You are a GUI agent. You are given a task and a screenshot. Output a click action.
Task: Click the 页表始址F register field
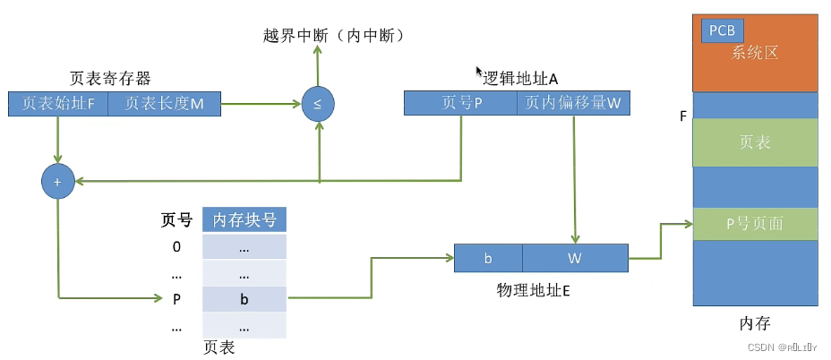58,104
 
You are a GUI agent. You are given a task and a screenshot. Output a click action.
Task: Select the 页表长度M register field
164,104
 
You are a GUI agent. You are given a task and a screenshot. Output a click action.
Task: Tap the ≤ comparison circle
317,103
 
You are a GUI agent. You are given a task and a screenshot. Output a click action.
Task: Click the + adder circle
56,181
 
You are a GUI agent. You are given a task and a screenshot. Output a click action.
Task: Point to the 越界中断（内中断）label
334,35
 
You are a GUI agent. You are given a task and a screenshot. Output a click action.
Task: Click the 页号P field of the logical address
461,103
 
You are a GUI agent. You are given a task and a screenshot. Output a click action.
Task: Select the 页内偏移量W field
573,103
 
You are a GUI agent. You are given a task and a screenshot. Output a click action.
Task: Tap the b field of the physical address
488,258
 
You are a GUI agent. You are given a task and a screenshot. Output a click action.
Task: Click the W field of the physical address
575,258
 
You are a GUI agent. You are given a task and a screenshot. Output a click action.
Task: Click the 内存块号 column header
244,219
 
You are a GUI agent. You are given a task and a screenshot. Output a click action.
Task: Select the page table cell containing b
244,299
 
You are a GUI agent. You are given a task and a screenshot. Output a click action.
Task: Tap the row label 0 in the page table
176,246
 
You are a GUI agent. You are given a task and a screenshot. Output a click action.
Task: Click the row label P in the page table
176,299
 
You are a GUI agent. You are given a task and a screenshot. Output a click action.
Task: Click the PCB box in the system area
722,30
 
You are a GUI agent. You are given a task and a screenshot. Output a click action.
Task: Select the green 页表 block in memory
755,143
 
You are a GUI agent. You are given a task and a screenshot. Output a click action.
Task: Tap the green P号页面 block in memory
755,224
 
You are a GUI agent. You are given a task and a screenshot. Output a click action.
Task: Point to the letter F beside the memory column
683,116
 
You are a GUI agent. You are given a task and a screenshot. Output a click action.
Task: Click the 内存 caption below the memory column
755,323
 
